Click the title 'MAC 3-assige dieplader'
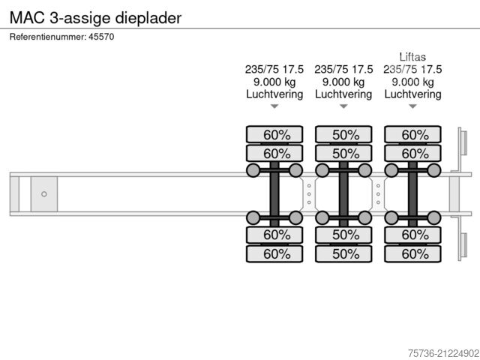point(95,16)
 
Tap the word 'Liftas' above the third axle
point(412,55)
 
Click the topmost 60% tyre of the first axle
point(274,135)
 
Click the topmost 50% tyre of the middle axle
point(343,135)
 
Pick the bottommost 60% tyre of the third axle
point(412,254)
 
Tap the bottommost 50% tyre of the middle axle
point(343,254)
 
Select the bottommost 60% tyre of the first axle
point(274,254)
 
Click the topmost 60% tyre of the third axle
point(412,135)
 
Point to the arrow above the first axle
point(274,106)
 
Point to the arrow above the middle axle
point(343,106)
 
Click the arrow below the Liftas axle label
point(412,106)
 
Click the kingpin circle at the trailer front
point(44,193)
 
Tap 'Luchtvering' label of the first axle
point(274,94)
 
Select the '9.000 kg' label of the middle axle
point(343,82)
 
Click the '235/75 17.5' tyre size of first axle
point(274,69)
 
